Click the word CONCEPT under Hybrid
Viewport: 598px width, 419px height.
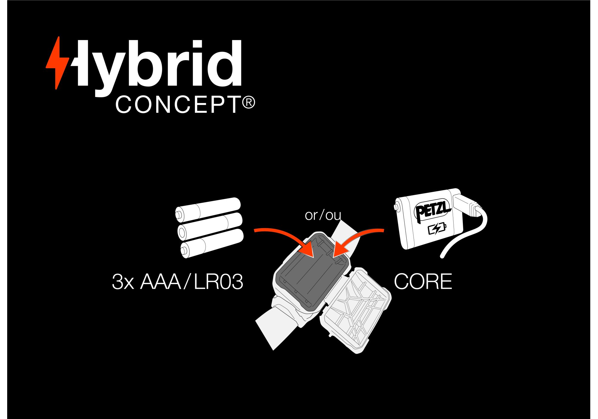click(x=178, y=105)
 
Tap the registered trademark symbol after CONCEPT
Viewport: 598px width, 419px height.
click(x=248, y=103)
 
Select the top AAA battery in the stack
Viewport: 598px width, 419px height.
click(x=208, y=209)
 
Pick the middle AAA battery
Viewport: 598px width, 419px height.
click(x=210, y=226)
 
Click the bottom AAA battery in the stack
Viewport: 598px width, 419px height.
click(x=212, y=243)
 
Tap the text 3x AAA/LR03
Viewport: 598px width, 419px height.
click(x=177, y=282)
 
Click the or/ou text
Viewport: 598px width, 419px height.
click(x=323, y=215)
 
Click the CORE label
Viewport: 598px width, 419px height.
click(x=423, y=282)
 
